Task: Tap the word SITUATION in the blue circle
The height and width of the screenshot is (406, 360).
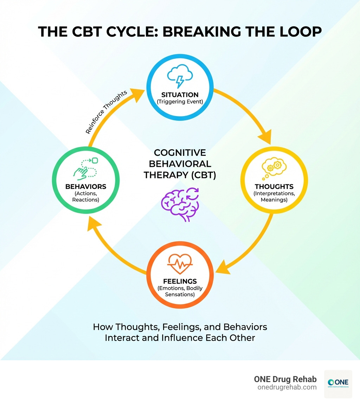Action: [180, 95]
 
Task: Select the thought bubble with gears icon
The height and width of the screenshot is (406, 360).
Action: [271, 169]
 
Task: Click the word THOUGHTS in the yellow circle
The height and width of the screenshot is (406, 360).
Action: [274, 186]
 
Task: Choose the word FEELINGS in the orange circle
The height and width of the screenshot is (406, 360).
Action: [180, 281]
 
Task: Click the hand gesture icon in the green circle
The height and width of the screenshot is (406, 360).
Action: [85, 169]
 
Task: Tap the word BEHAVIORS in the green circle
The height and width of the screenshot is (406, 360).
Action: [86, 186]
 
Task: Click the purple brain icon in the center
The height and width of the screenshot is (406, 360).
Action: [180, 204]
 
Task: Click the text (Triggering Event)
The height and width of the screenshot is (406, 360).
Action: [180, 102]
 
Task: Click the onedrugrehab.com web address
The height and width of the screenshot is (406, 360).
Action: [287, 387]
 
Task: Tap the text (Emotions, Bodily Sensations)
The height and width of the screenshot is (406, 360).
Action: [180, 291]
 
